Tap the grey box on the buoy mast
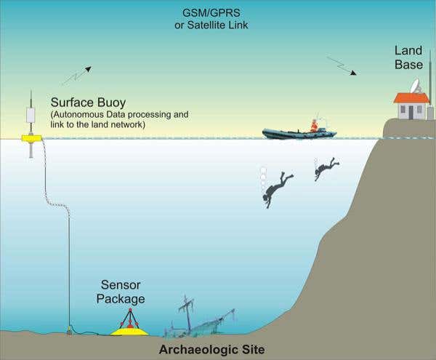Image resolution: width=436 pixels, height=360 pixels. click(31, 115)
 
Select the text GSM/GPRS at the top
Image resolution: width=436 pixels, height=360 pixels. click(217, 12)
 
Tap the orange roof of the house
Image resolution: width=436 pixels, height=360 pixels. click(411, 97)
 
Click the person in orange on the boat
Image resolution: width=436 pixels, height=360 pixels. click(314, 125)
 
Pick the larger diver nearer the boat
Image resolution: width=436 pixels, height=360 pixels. click(277, 188)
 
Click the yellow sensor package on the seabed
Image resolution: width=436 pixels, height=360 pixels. click(129, 329)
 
